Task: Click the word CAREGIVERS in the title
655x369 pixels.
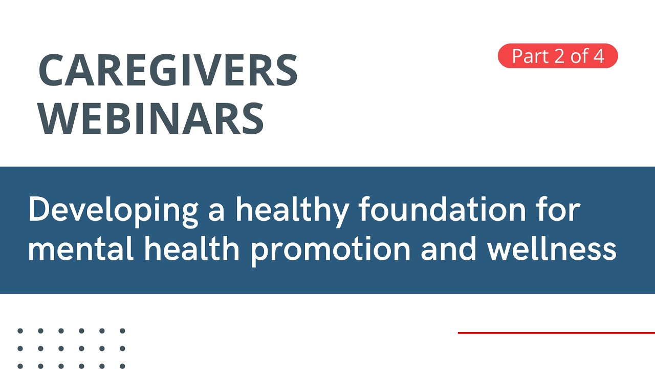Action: pyautogui.click(x=168, y=70)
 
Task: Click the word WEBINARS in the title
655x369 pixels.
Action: pyautogui.click(x=151, y=118)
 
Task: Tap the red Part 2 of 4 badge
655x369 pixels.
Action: pyautogui.click(x=558, y=56)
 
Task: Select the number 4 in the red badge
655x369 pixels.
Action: pyautogui.click(x=599, y=56)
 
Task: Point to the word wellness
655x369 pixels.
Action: pyautogui.click(x=552, y=249)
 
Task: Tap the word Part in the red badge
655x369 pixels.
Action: pyautogui.click(x=530, y=56)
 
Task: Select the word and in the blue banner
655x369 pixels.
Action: pyautogui.click(x=449, y=249)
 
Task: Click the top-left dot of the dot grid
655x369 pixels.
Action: pyautogui.click(x=20, y=331)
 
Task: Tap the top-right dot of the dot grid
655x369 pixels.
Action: pyautogui.click(x=122, y=331)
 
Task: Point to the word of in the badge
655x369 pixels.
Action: pyautogui.click(x=579, y=56)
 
